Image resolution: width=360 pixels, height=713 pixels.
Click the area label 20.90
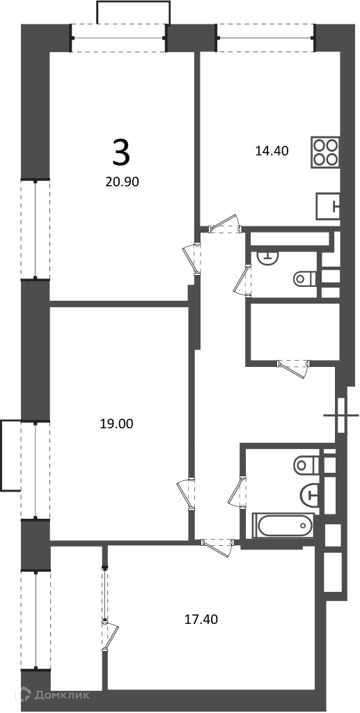[x=121, y=182]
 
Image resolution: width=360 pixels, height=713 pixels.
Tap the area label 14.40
[x=272, y=150]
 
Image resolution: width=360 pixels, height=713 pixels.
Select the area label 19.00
[x=116, y=424]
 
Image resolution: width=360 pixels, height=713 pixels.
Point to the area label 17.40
[x=201, y=619]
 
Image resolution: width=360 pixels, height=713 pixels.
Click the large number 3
[x=121, y=153]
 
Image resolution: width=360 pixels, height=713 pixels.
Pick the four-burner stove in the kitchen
[x=326, y=152]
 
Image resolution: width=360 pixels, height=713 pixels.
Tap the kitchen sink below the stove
[x=328, y=205]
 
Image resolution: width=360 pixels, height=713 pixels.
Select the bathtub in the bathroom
[x=283, y=526]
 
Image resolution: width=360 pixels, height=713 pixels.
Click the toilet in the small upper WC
[x=305, y=279]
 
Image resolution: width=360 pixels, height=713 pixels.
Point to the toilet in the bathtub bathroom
[x=307, y=464]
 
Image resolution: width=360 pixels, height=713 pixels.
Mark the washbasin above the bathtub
[x=310, y=493]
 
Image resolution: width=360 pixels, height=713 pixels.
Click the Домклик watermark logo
[x=52, y=695]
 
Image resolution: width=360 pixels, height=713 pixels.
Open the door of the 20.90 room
[x=191, y=259]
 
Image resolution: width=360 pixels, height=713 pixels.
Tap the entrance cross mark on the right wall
[x=341, y=415]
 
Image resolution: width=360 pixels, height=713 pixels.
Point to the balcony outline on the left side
[x=10, y=455]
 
